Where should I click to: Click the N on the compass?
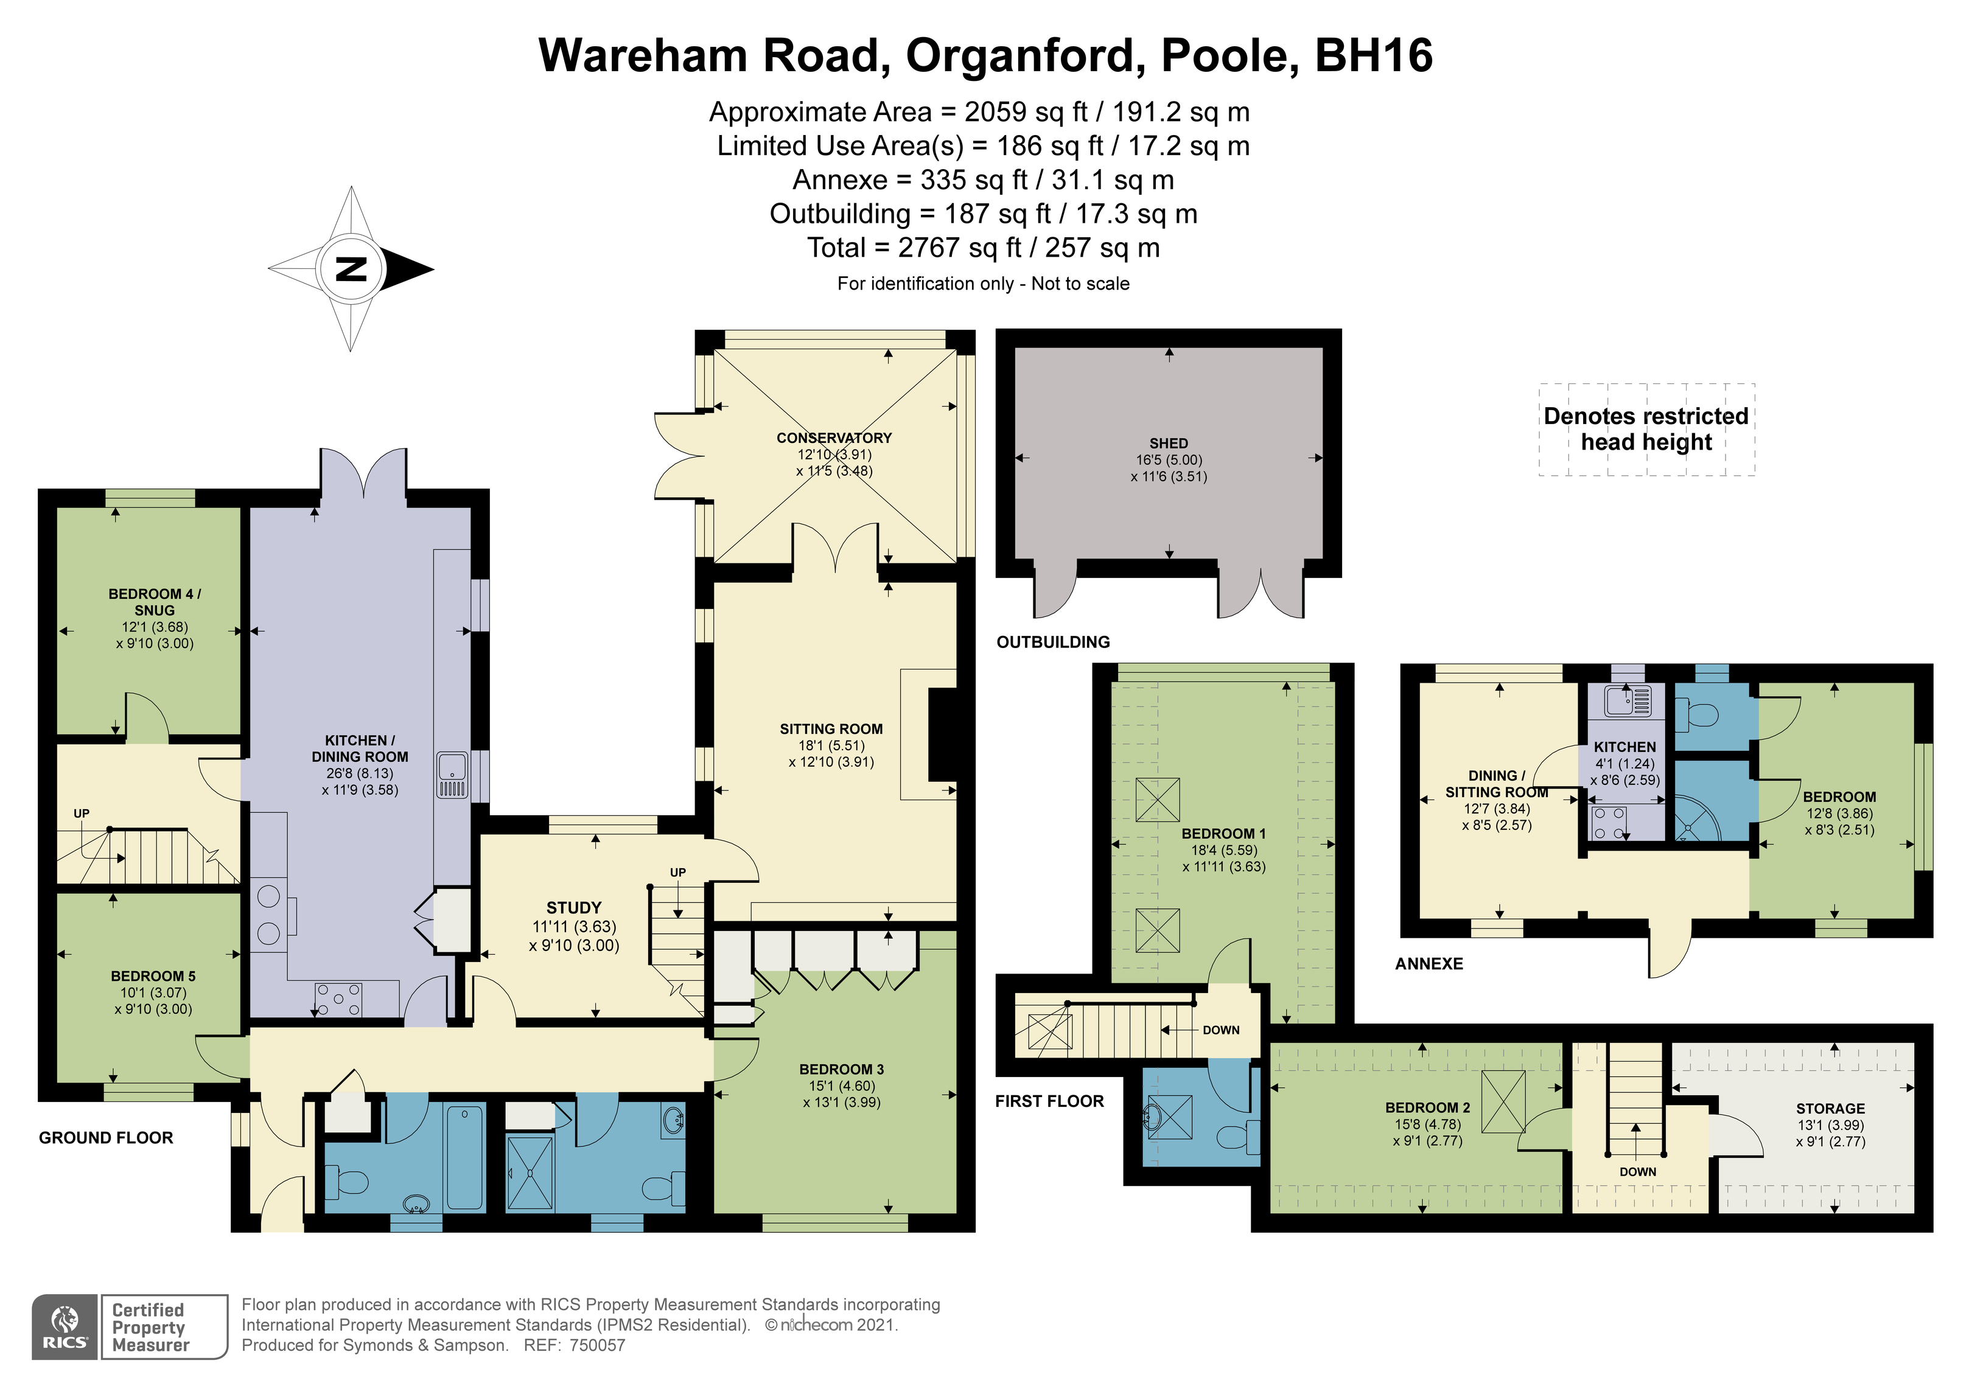351,269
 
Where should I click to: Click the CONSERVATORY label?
834,438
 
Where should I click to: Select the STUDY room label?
574,908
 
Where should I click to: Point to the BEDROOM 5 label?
153,977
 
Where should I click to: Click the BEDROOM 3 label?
841,1069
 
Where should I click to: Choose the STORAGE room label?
1830,1109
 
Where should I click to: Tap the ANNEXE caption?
1428,964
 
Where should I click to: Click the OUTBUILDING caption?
1053,643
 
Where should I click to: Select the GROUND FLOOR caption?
106,1138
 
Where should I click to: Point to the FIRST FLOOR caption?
1049,1101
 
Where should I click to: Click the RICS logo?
65,1327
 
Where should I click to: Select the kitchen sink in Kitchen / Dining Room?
452,775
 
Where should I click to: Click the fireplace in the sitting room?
943,734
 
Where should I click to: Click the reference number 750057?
597,1346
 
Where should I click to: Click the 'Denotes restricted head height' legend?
1646,430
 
